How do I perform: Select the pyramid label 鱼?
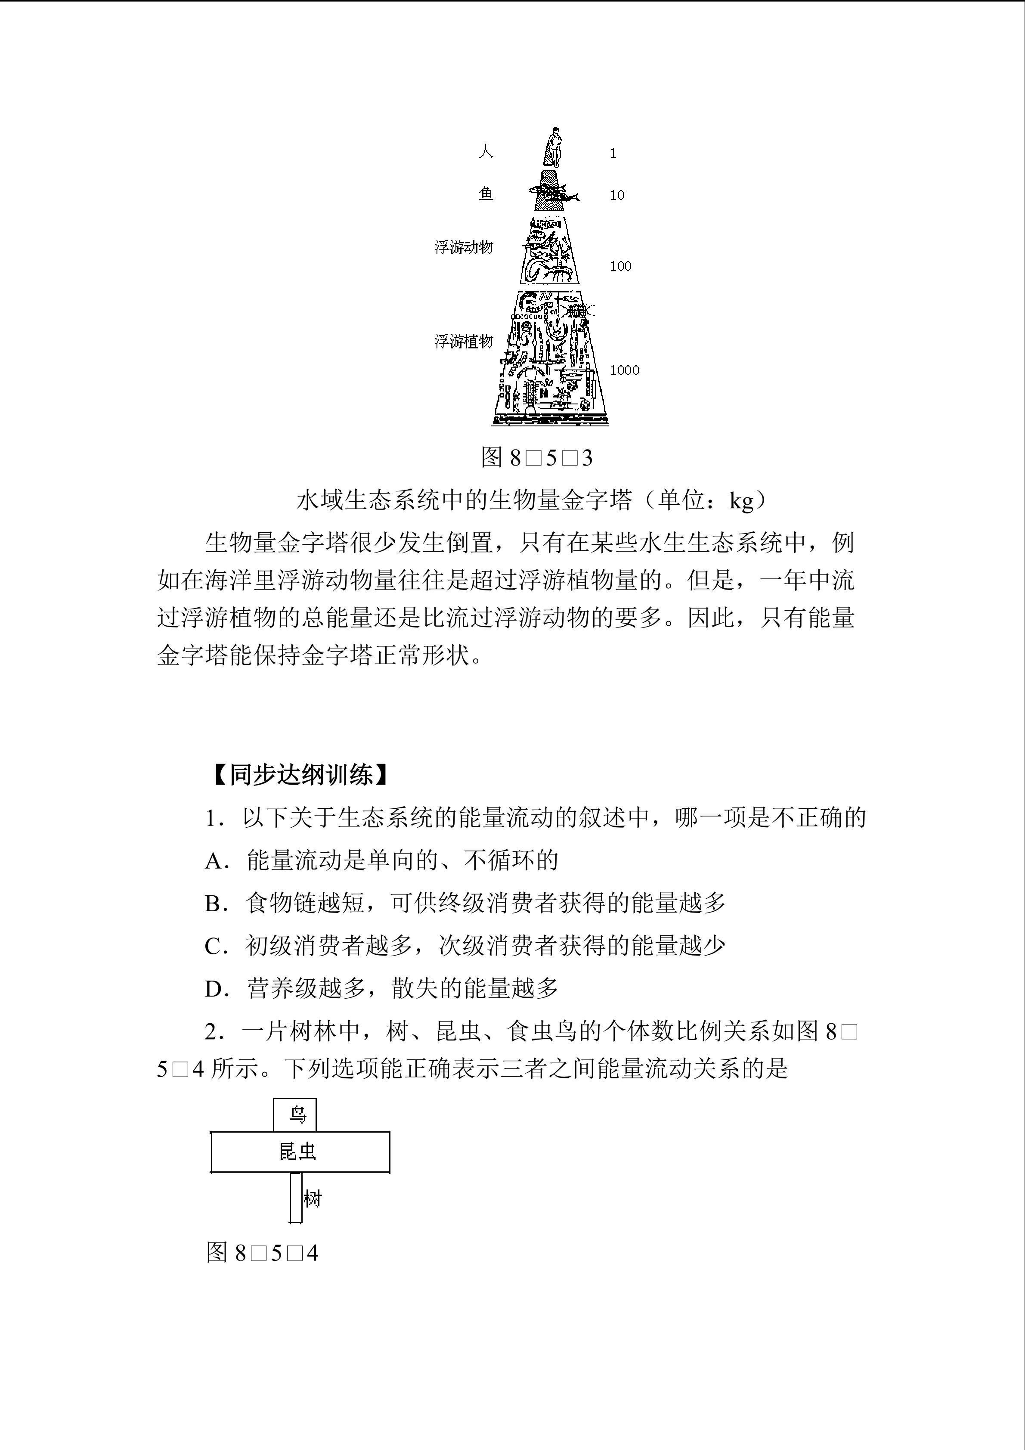486,194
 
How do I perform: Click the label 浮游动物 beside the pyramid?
464,247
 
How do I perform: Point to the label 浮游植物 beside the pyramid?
464,342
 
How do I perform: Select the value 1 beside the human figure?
613,153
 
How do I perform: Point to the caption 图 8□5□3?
536,458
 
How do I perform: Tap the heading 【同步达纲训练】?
299,775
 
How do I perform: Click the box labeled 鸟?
295,1115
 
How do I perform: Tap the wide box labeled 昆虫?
300,1152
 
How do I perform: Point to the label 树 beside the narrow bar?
313,1198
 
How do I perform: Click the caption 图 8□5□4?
262,1253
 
